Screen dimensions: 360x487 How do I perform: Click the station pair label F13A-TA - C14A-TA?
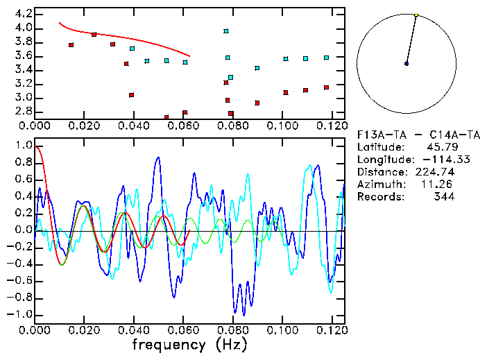[406, 135]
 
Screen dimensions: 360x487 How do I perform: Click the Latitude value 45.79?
[441, 147]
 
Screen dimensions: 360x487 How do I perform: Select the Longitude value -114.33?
[436, 160]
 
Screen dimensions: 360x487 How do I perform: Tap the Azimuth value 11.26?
[441, 185]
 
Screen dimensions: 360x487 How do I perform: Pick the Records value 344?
[444, 197]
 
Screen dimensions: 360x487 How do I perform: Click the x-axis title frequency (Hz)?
[189, 345]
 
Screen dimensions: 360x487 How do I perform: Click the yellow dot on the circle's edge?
[416, 15]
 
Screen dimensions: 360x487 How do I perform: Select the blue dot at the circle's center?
[407, 64]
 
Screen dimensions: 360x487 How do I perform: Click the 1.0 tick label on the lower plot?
[23, 146]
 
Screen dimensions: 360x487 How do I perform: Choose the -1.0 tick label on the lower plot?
[21, 314]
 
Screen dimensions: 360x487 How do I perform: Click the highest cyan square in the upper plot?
[226, 31]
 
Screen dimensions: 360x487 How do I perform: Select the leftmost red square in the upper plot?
[71, 45]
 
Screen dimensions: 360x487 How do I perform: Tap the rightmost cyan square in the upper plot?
[326, 58]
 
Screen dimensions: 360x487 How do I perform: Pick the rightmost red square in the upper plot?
[326, 87]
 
